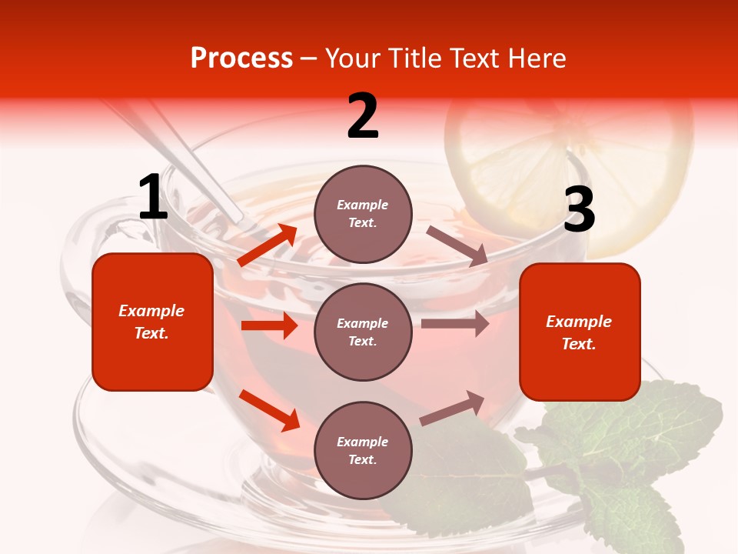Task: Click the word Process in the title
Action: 241,58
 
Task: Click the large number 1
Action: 153,197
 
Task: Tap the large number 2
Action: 363,116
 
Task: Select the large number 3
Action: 579,211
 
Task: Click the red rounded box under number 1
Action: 152,322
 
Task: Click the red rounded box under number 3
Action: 580,332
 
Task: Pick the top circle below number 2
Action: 363,214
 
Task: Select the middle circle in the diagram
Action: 363,332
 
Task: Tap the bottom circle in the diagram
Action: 363,450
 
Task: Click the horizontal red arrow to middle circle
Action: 269,325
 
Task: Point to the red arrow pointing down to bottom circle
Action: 269,410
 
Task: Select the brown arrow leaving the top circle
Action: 457,245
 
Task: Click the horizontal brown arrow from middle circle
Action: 454,324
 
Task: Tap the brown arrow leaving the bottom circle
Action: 453,408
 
